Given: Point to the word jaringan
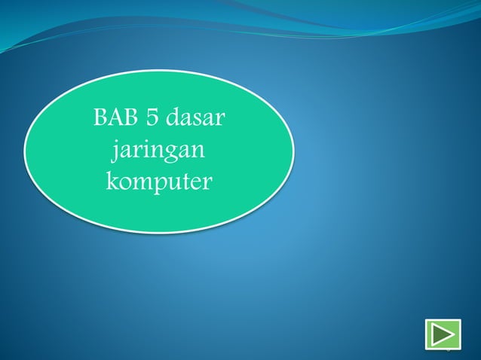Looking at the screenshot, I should (159, 151).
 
